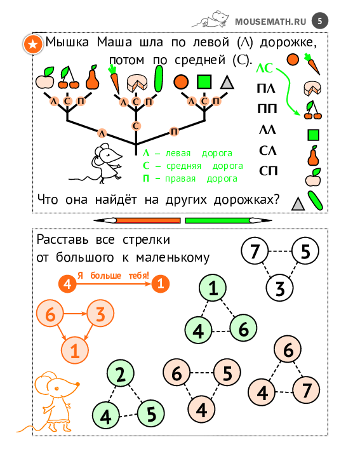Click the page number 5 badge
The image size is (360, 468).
click(320, 21)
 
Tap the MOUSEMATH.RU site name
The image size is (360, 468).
click(270, 22)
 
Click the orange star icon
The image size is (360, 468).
click(33, 44)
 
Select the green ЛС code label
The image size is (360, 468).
click(264, 69)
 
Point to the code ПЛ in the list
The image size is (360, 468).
click(265, 88)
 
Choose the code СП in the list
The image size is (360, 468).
click(268, 171)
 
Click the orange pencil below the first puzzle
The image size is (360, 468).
click(137, 220)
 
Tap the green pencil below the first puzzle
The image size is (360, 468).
click(229, 220)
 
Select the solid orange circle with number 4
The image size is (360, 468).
click(67, 284)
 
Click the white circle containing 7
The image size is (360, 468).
click(255, 251)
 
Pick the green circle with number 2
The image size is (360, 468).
click(121, 373)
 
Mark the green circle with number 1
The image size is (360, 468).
click(213, 288)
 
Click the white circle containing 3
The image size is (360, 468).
click(280, 288)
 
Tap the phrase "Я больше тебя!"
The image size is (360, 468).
click(114, 275)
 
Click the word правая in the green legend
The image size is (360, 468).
click(180, 178)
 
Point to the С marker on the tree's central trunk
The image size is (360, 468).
click(136, 126)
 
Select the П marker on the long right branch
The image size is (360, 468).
click(174, 131)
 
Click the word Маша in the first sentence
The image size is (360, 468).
click(114, 42)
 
